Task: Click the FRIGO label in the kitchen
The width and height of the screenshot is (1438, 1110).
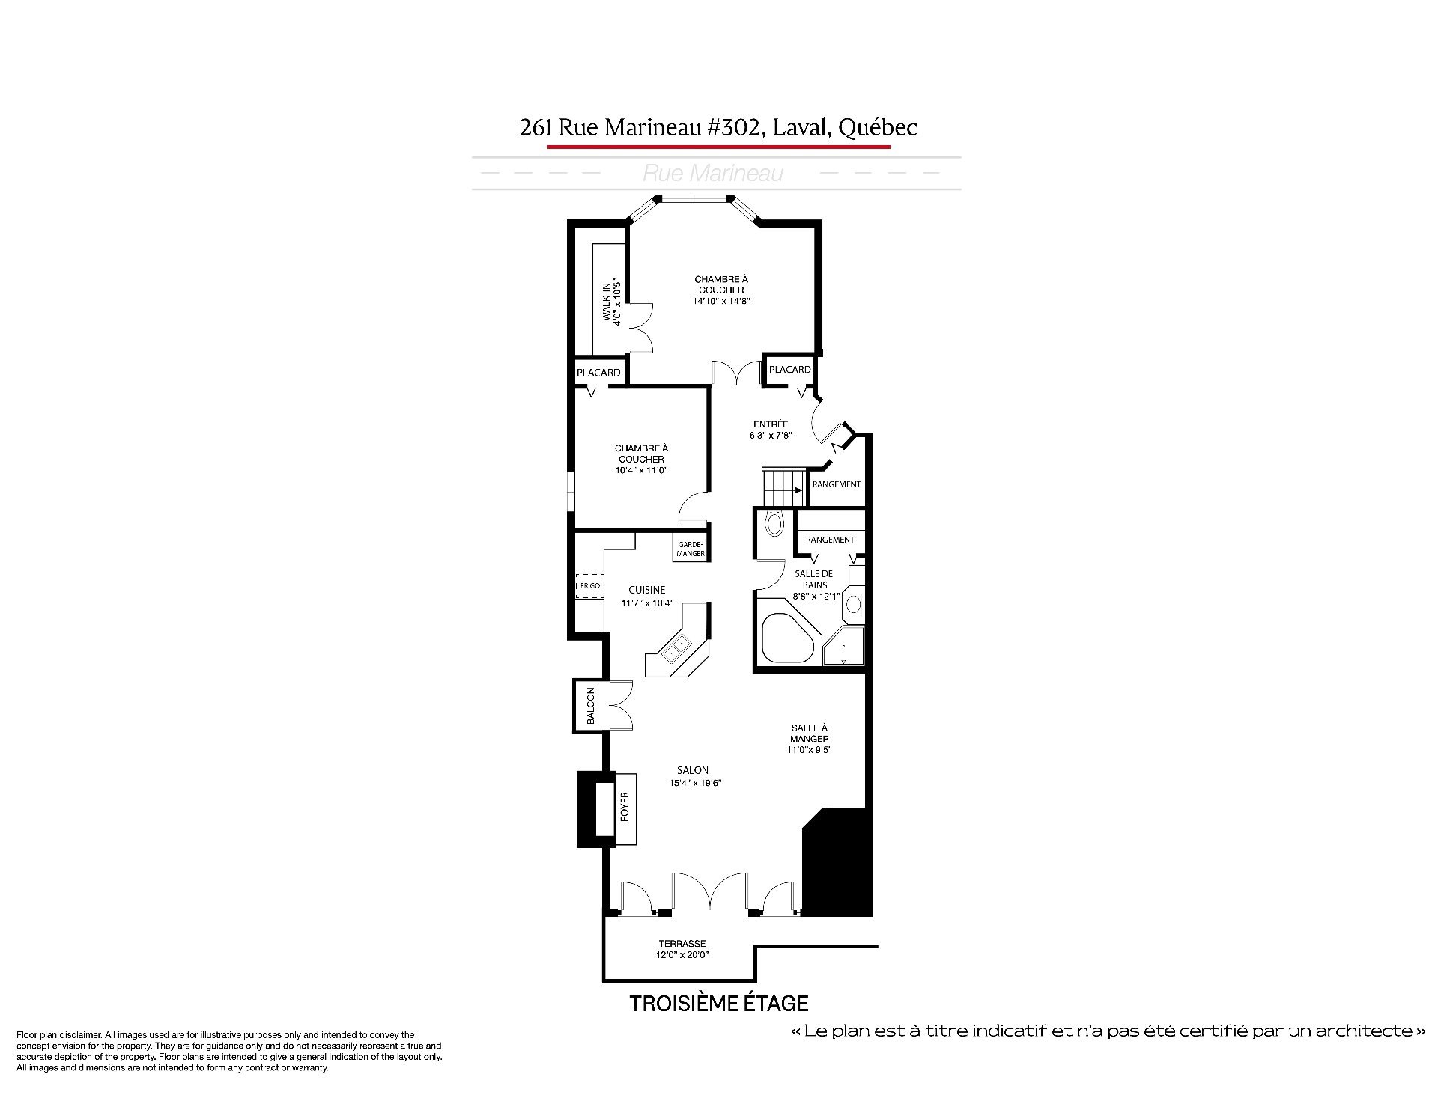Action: click(590, 585)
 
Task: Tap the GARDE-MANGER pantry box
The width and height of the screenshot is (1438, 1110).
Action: click(691, 549)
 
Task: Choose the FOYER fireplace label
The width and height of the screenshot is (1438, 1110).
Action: click(625, 807)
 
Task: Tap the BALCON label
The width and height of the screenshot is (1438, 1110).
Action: click(590, 706)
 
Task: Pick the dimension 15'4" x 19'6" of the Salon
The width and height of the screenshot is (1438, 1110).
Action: click(695, 784)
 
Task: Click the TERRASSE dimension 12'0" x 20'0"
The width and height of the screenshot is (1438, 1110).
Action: click(682, 954)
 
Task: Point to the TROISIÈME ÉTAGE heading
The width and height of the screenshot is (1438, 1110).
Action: click(719, 1004)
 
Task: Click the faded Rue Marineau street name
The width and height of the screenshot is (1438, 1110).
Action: click(713, 174)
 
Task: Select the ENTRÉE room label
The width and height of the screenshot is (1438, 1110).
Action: click(771, 424)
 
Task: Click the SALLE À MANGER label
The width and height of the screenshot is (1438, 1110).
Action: click(809, 733)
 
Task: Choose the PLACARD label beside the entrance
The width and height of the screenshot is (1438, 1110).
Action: click(790, 369)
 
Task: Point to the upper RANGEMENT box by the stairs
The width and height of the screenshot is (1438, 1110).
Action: click(837, 484)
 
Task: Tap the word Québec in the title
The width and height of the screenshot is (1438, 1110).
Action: click(878, 128)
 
